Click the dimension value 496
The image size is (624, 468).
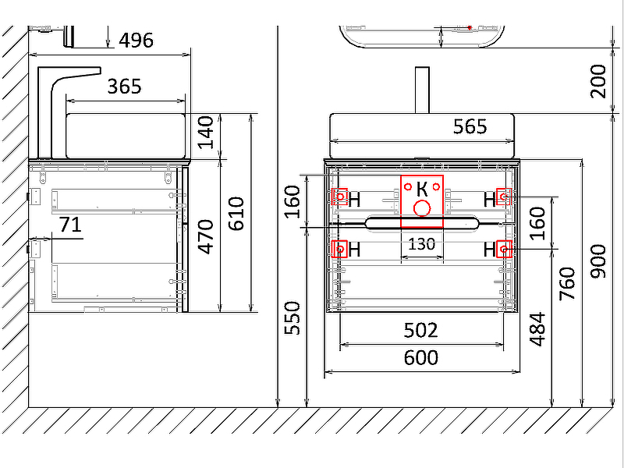(x=136, y=41)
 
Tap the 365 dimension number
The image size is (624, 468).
(x=124, y=87)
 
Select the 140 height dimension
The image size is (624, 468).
(x=206, y=133)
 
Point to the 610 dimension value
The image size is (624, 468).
(x=236, y=214)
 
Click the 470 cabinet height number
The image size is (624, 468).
(x=206, y=236)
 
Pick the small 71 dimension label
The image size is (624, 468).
(x=70, y=225)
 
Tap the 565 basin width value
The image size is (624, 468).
(x=470, y=126)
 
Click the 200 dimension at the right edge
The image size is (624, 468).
(x=598, y=82)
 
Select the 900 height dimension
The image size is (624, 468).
(x=598, y=261)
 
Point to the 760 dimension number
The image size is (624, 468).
(x=568, y=283)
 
